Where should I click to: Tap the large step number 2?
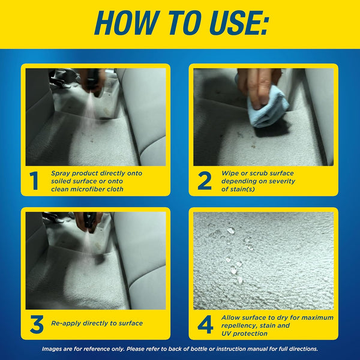205,181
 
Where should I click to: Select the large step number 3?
36,324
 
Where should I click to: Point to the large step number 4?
205,324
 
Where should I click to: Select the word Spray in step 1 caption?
61,172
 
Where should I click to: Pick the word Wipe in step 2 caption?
231,172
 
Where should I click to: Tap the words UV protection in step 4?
246,333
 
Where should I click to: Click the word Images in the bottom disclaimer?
55,349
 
